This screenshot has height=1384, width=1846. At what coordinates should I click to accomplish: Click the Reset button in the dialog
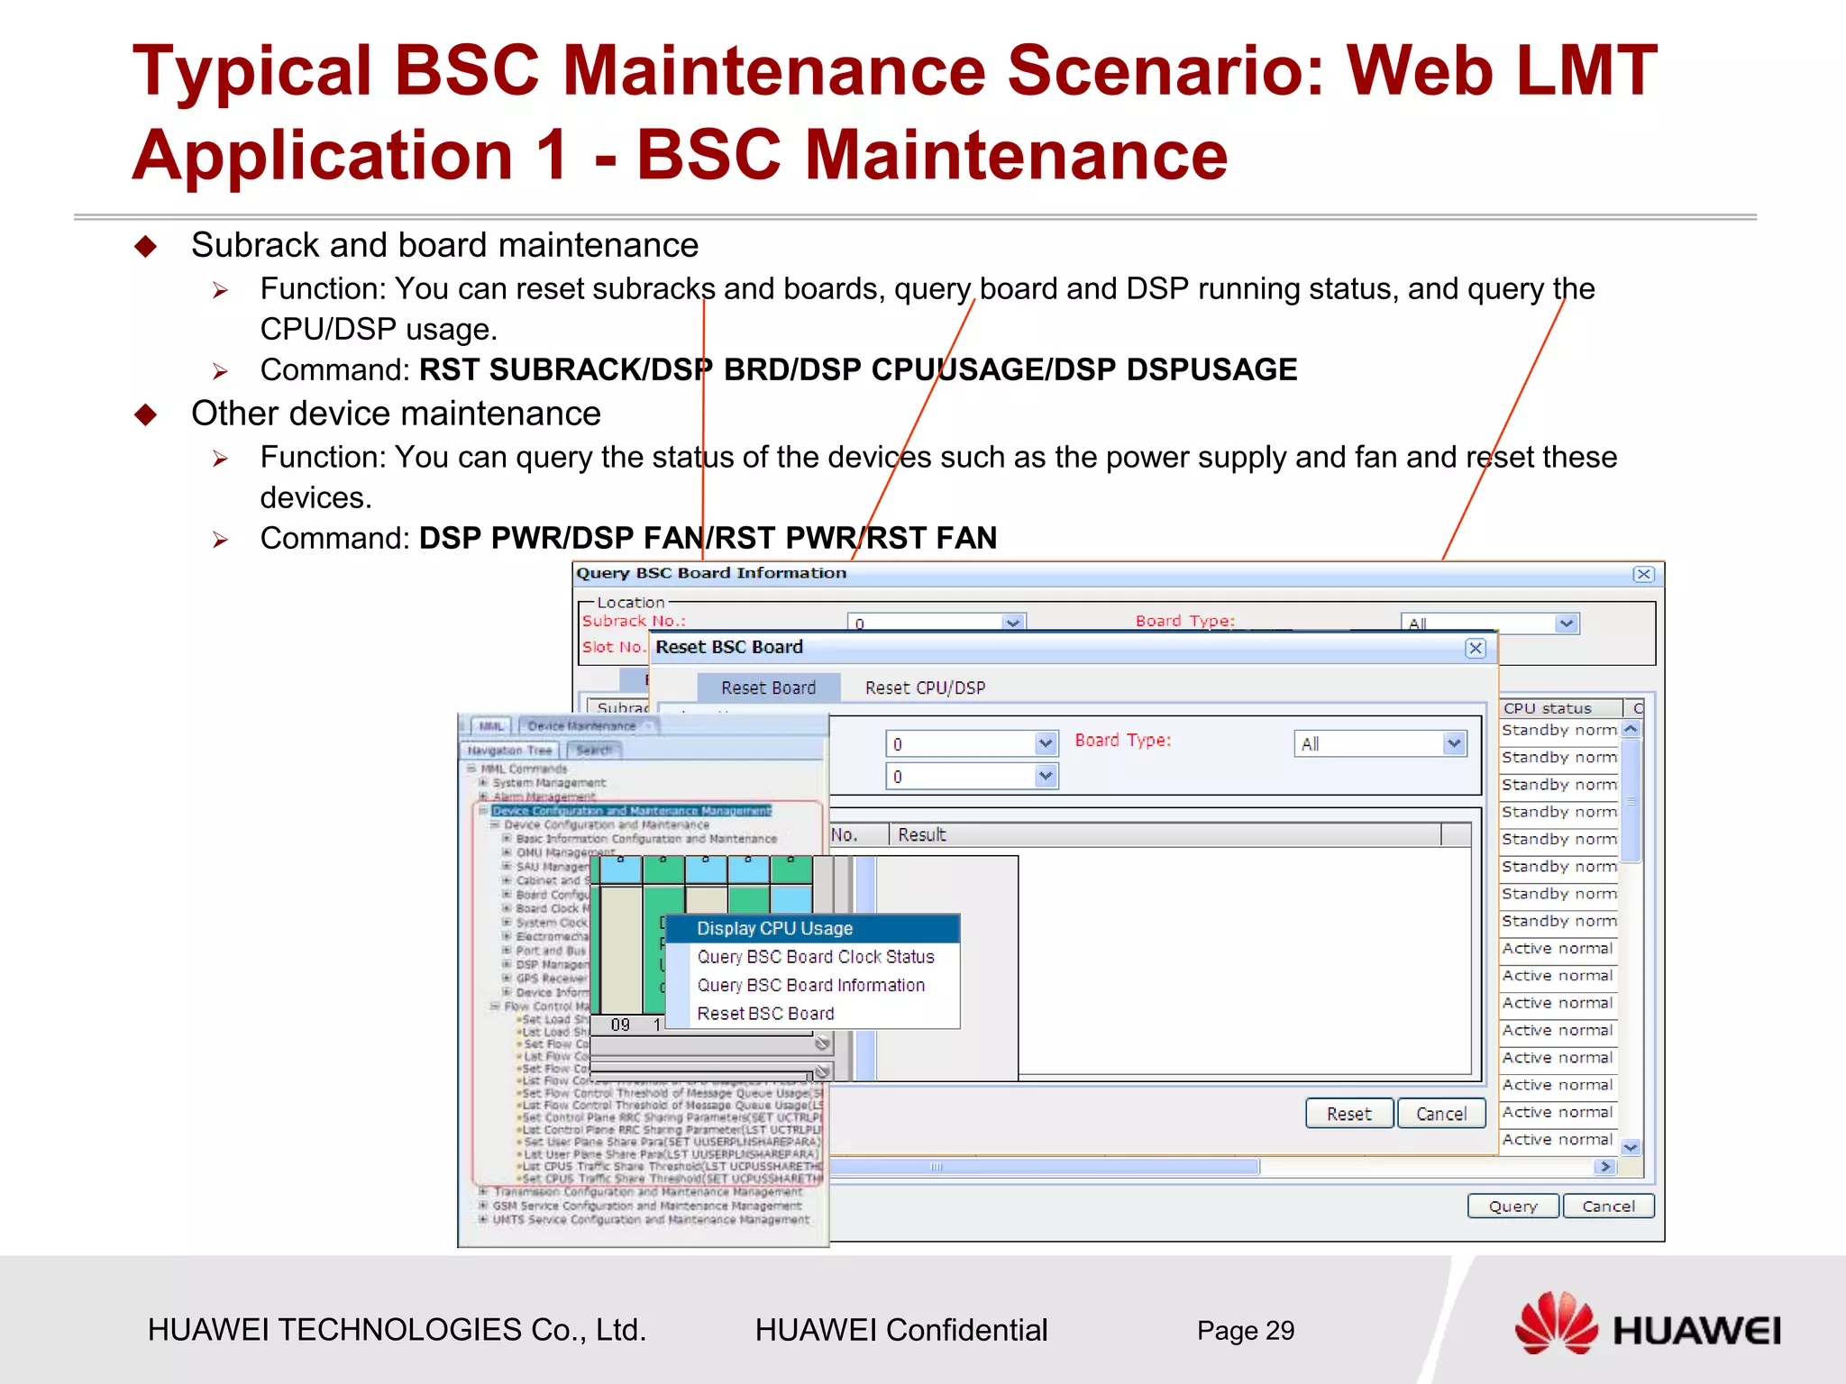[1348, 1114]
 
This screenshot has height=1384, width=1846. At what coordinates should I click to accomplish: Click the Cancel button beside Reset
[1440, 1114]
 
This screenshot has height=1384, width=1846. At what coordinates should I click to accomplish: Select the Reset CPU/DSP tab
[925, 687]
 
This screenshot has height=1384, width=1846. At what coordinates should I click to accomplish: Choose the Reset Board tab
[768, 687]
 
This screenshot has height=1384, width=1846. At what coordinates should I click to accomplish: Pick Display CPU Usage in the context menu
[774, 928]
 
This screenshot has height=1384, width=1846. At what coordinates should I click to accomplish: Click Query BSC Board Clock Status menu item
[815, 957]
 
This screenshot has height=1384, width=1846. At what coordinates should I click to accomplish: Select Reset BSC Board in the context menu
[765, 1014]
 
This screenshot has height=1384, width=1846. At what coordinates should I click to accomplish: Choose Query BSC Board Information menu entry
[810, 985]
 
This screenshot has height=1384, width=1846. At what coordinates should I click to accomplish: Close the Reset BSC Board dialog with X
[1475, 648]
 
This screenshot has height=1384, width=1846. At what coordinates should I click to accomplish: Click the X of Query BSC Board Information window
[1643, 574]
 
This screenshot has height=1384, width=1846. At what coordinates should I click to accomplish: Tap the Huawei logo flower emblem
[1555, 1324]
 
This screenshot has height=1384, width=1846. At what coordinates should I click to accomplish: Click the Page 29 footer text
[1245, 1330]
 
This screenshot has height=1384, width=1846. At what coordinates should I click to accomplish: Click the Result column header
[922, 835]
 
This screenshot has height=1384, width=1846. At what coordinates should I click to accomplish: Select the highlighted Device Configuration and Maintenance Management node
[631, 811]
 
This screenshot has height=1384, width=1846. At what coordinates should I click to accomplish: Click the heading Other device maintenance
[396, 414]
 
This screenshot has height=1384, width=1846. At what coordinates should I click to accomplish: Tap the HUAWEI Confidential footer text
[900, 1330]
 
